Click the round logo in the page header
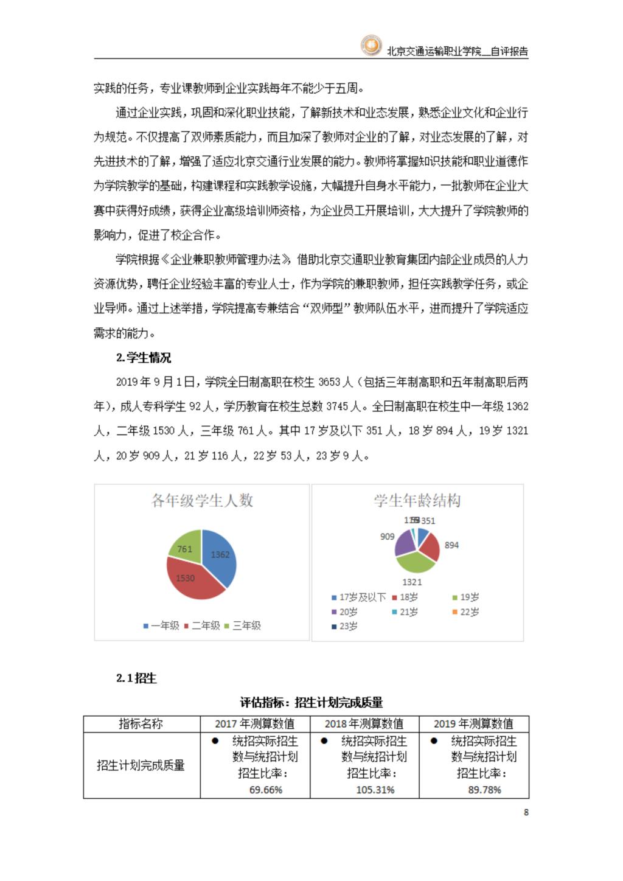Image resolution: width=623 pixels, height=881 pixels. (371, 46)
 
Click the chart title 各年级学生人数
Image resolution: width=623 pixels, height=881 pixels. (202, 501)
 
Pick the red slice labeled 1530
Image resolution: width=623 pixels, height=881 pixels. (189, 581)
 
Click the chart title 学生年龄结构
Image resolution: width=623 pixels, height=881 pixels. (417, 501)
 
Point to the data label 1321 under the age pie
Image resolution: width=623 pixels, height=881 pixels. (412, 582)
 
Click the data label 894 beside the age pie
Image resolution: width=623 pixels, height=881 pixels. (451, 545)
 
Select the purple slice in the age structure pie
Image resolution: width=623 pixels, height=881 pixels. (403, 543)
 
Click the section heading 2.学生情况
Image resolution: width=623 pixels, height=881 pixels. (144, 358)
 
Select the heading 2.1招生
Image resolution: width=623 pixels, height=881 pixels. (136, 678)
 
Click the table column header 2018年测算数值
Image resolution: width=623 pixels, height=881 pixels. (364, 724)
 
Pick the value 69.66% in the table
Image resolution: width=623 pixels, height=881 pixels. (266, 790)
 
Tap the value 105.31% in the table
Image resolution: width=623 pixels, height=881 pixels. (375, 790)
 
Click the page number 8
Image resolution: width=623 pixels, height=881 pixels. (526, 812)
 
